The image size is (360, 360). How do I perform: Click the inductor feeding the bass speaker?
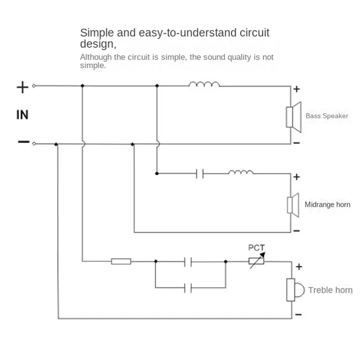point(204,84)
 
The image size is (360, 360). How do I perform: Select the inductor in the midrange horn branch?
point(241,172)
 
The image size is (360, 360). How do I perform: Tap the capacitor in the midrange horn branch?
point(200,174)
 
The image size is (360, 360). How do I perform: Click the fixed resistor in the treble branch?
point(121,261)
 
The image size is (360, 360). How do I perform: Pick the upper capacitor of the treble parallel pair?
point(188,262)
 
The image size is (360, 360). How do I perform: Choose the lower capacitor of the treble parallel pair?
point(188,288)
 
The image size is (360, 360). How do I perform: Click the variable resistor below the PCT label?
point(256,261)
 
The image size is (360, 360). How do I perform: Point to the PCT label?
point(256,247)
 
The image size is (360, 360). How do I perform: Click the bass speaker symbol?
point(294,117)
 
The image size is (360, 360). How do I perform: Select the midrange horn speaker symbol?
point(293,205)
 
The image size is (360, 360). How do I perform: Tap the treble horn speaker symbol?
point(296,290)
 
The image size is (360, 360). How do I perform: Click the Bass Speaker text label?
point(327,116)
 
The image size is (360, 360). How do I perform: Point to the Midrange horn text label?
point(328,205)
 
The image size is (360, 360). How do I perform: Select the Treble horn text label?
point(330,290)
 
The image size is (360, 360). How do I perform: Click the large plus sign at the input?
point(22,87)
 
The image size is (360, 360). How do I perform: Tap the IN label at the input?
point(22,115)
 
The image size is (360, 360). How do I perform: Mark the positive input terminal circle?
point(34,86)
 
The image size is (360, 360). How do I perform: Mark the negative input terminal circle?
point(34,144)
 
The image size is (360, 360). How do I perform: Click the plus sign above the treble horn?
point(299,266)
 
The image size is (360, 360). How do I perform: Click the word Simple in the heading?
point(97,33)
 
